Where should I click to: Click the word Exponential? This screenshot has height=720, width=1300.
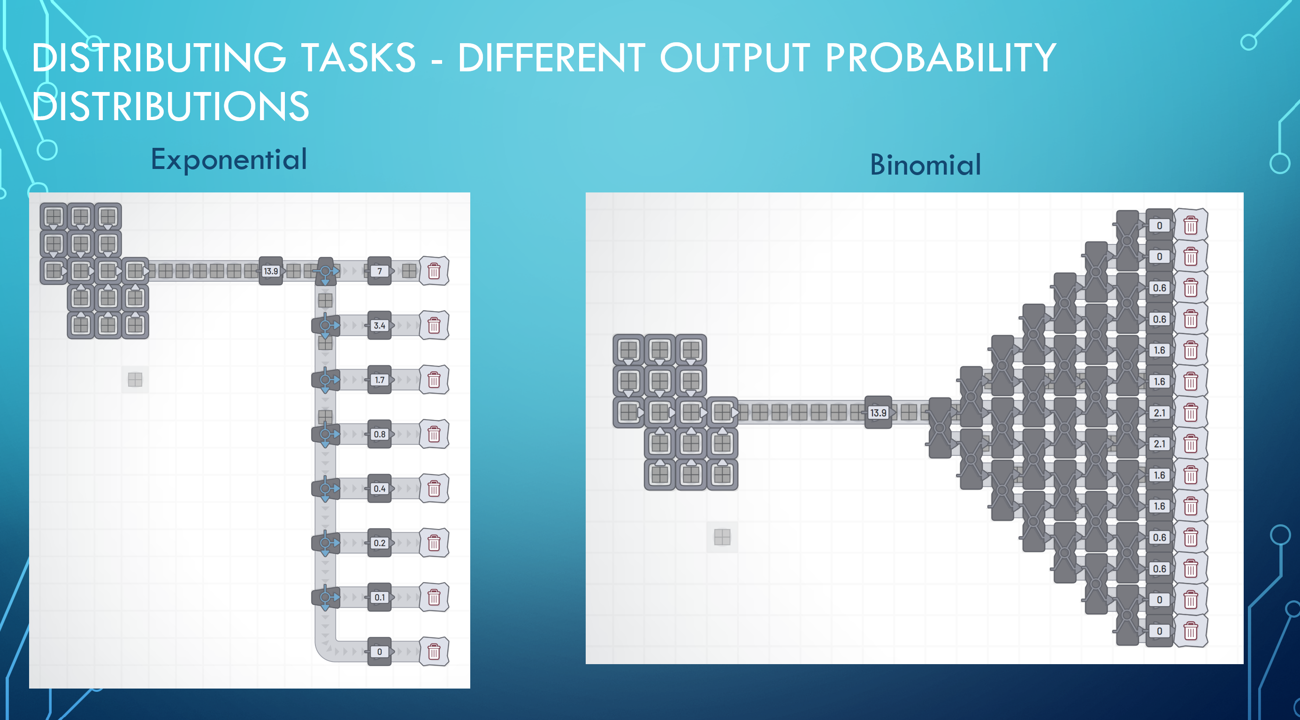click(229, 160)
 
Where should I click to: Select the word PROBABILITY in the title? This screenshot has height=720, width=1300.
click(941, 58)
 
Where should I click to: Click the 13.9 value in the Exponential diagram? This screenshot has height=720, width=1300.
click(271, 271)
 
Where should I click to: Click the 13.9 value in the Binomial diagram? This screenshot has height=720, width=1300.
click(878, 413)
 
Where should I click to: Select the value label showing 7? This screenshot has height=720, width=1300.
click(380, 271)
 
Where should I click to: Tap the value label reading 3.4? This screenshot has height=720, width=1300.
click(380, 325)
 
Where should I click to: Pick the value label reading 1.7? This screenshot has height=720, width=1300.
click(380, 380)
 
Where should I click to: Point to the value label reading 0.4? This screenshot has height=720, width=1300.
click(380, 489)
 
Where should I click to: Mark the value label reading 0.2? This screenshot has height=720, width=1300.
click(380, 543)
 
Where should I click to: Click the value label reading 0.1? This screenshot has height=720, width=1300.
click(380, 597)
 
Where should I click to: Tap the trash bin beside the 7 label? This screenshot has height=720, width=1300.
click(434, 271)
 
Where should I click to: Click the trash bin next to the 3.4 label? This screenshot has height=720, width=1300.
click(434, 325)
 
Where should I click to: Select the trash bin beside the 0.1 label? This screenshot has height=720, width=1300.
click(434, 598)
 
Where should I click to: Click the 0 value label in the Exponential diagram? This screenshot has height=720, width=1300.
click(380, 652)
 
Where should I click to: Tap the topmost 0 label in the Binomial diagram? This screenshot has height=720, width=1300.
click(1159, 226)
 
